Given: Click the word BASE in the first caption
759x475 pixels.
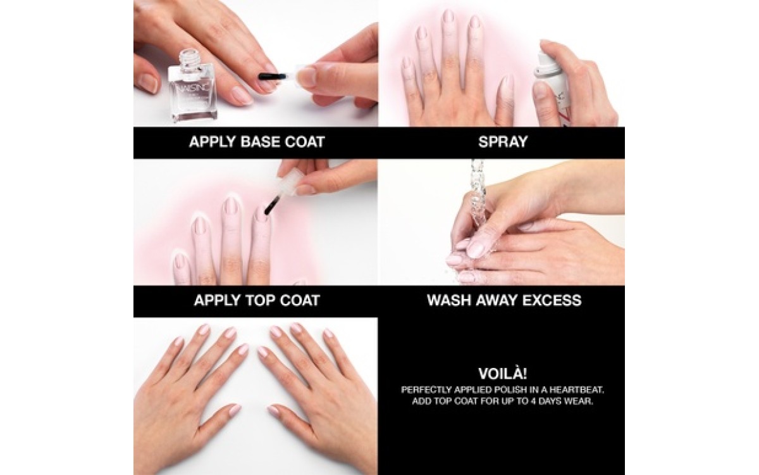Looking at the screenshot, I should click(x=259, y=142).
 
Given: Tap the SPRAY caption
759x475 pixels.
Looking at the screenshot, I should click(x=503, y=142).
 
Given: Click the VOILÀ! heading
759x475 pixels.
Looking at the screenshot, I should click(x=503, y=374).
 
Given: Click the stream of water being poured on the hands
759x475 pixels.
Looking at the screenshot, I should click(x=478, y=190).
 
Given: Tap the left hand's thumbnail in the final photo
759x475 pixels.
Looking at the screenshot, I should click(x=234, y=410).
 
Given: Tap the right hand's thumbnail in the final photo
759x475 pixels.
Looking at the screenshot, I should click(x=274, y=411).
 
